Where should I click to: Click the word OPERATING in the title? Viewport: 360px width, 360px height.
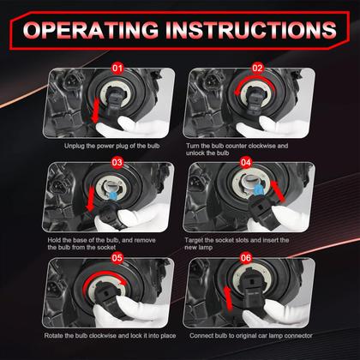click(90, 29)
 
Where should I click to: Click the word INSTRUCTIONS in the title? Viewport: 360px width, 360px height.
click(251, 29)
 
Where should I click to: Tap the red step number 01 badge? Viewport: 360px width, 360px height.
click(117, 68)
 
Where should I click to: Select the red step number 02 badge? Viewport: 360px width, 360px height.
click(257, 68)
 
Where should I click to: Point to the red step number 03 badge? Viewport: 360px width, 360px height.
click(117, 162)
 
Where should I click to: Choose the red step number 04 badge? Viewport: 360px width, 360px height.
click(246, 162)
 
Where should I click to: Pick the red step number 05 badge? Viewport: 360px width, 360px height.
click(117, 258)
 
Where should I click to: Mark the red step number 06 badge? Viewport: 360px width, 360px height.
click(246, 258)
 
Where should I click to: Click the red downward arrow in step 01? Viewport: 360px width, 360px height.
click(95, 111)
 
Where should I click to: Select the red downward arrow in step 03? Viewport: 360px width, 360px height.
click(91, 199)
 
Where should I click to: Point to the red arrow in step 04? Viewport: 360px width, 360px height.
click(278, 191)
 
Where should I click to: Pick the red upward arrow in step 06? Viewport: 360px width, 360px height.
click(228, 298)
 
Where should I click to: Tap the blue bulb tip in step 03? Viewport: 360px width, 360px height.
click(113, 195)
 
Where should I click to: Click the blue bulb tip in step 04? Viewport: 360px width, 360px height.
click(258, 189)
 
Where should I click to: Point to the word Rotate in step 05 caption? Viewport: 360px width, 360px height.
click(53, 335)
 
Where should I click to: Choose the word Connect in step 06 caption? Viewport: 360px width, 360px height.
click(201, 336)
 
